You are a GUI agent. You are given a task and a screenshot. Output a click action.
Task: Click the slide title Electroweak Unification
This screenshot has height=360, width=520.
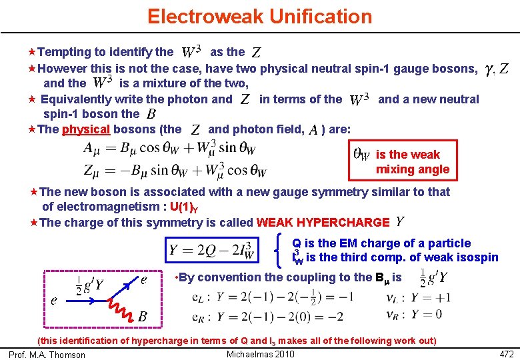[260, 16]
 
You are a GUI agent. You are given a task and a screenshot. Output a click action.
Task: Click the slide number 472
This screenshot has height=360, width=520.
[507, 353]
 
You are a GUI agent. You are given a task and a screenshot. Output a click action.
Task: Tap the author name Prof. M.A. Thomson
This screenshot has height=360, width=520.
[47, 355]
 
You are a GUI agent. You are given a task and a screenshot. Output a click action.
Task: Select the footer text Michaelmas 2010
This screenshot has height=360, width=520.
[261, 353]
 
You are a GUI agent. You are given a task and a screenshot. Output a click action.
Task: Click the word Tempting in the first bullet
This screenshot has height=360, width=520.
[66, 51]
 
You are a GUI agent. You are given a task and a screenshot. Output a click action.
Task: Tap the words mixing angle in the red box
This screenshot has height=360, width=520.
[412, 169]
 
